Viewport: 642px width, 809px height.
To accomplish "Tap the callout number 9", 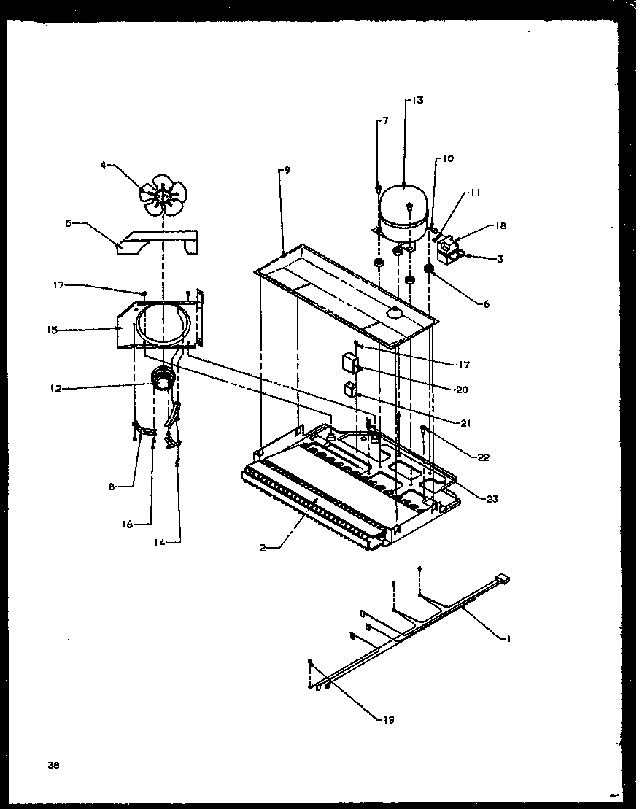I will click(x=287, y=170).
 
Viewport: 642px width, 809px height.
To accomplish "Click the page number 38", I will click(x=53, y=765).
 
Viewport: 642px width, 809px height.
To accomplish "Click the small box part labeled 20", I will click(x=351, y=363).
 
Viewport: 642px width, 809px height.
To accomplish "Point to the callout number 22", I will click(x=484, y=457).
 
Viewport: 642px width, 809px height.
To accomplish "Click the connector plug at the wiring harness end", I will click(x=502, y=580).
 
